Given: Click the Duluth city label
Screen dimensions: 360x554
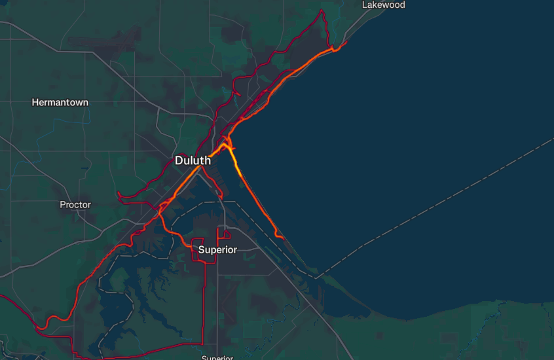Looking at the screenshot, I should [x=193, y=160].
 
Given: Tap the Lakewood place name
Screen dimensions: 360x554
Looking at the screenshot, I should [x=384, y=5].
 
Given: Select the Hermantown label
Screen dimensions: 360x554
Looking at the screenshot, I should [x=60, y=103].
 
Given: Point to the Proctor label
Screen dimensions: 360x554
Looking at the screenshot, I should [x=75, y=205].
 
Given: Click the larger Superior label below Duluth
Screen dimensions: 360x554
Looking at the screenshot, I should [x=217, y=250].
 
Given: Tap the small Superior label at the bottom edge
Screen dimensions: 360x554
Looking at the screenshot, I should [x=217, y=357].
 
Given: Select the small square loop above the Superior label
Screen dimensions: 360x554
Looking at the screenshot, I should [x=226, y=234].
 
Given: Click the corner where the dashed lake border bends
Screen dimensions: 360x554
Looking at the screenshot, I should [x=316, y=278].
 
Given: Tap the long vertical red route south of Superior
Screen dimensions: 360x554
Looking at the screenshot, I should [x=204, y=301].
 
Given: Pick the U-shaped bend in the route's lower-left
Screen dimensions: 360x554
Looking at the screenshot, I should [x=45, y=325].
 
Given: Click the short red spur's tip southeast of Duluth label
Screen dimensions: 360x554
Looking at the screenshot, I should [x=221, y=198].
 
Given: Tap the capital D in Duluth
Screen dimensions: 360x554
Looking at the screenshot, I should [x=179, y=160].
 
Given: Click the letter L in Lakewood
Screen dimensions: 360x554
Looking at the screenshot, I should [x=365, y=5].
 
